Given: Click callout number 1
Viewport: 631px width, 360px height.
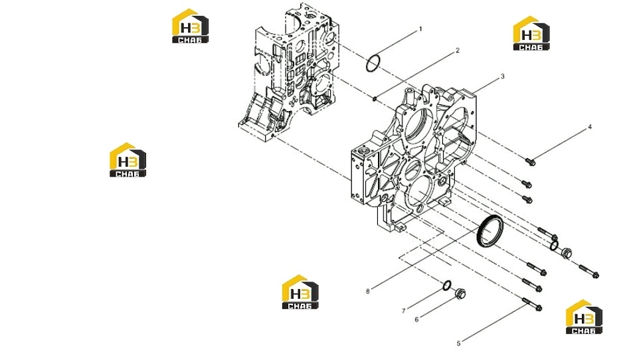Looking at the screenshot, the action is (x=420, y=29).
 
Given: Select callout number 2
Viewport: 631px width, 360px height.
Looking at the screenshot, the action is (x=458, y=50).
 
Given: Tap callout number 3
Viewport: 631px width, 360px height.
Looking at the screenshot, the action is (x=502, y=76).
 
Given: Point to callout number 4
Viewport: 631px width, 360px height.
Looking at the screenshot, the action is (x=590, y=127).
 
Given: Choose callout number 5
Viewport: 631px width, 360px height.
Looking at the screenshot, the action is (x=458, y=343).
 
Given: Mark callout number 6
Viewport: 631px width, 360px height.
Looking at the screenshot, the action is (x=416, y=319).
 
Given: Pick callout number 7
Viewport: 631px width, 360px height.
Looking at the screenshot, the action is (x=403, y=311).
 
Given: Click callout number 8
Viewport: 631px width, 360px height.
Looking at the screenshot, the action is (x=367, y=291).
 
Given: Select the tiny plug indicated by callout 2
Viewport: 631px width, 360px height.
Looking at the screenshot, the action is (x=375, y=98).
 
